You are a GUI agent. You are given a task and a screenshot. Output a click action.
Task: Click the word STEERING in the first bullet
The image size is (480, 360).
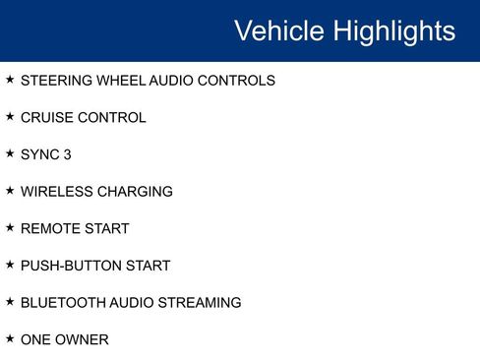coord(53,81)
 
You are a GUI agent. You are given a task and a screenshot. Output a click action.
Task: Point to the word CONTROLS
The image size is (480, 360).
coord(236,81)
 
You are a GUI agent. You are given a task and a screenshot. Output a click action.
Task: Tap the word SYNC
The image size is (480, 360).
coord(40,154)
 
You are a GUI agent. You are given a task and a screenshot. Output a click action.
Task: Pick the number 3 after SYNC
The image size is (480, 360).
coord(67,154)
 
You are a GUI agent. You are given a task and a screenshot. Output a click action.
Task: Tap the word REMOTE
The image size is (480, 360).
coord(48,229)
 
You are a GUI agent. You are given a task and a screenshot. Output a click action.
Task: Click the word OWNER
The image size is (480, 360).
coord(83,340)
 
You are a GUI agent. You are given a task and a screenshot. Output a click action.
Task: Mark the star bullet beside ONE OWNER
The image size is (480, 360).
coord(10,338)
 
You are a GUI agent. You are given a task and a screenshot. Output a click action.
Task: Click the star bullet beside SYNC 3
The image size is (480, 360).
coord(10,152)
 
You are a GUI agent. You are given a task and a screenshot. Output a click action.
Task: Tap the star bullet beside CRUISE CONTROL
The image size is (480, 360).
coord(10,116)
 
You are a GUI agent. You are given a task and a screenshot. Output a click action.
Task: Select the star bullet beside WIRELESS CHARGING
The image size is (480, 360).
coord(10,190)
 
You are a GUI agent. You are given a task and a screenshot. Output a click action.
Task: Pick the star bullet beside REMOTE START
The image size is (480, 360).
coord(10,227)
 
